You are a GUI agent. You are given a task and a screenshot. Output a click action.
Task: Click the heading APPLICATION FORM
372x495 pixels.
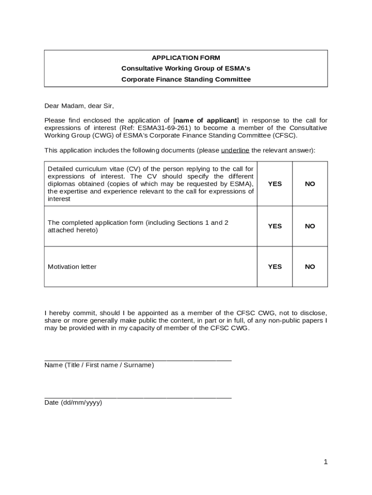coord(186,58)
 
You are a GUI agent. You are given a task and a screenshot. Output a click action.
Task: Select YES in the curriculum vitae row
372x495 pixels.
coord(274,184)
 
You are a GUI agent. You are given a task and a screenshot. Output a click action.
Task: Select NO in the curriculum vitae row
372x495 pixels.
coord(310,184)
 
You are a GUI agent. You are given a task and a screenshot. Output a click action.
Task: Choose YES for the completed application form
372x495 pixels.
coord(274,226)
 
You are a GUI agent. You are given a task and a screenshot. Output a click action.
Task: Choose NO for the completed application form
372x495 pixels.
coord(310,226)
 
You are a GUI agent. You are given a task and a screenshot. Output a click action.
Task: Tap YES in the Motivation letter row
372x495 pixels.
coord(274,267)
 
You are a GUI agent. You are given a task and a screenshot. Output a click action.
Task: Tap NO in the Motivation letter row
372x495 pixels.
coord(310,267)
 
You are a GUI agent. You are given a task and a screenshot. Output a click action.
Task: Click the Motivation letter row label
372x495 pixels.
coord(72,267)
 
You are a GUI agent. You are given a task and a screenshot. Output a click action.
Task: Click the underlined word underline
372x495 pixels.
coord(235,150)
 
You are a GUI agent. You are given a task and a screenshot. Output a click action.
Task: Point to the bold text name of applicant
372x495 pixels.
coord(206,120)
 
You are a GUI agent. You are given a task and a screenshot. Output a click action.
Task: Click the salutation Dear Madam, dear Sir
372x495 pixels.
coord(79,106)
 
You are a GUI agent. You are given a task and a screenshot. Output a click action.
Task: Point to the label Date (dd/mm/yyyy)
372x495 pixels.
coord(73,403)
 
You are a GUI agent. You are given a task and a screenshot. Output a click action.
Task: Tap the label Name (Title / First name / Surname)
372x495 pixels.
coord(99,365)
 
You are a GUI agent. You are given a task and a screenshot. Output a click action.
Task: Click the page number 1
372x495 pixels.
coord(326,462)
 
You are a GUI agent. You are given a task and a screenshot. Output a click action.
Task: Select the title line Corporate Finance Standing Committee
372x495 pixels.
coord(186,79)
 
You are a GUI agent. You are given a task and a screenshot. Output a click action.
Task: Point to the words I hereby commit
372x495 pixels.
coord(68,313)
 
